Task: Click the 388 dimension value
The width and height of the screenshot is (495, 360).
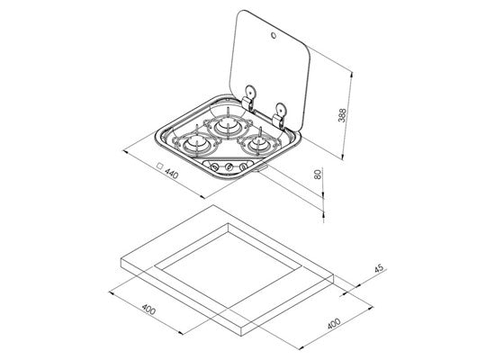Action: point(342,115)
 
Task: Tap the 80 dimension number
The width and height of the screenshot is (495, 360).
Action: point(319,174)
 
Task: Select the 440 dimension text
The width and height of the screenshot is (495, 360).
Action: point(172,174)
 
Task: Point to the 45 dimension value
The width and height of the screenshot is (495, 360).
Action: point(379,268)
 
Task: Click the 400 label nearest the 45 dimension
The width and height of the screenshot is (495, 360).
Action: point(334,324)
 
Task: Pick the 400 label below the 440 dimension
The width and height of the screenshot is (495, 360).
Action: point(148,310)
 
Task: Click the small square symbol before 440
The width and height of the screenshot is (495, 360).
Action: point(160,166)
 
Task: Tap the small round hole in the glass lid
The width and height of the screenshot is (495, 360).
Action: point(274,36)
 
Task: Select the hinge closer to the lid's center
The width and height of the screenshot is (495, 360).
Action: point(249,98)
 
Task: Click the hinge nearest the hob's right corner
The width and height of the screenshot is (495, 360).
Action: point(278,115)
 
